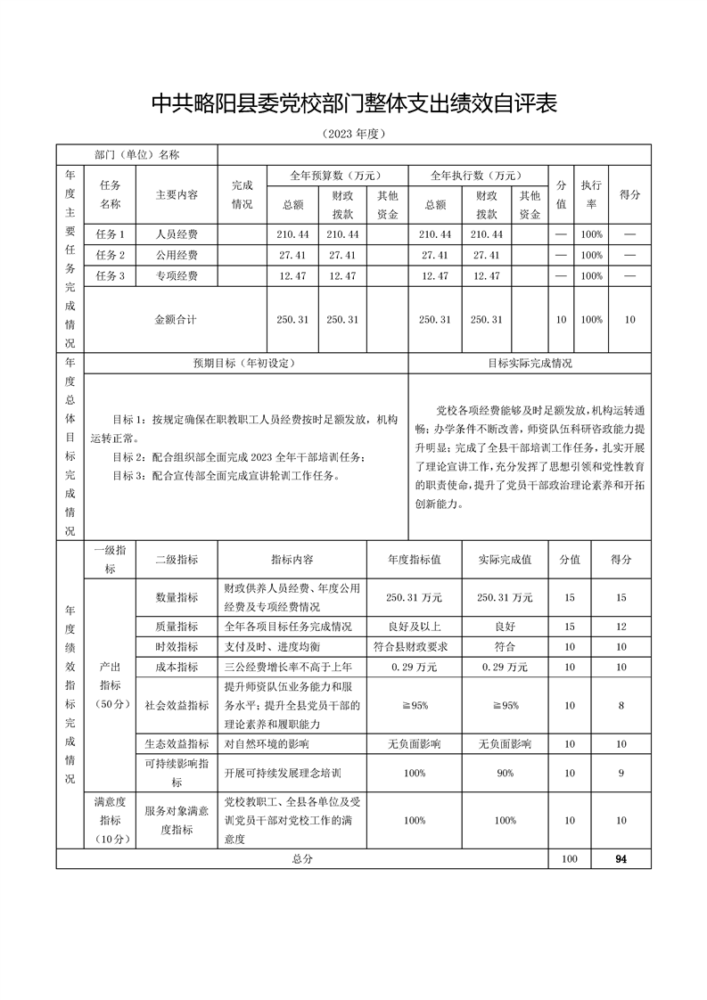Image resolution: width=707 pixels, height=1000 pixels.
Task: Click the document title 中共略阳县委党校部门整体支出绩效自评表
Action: pos(353,103)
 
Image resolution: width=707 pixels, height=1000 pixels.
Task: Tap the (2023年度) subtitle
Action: pos(353,135)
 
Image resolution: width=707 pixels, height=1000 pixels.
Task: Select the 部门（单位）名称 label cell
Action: pos(137,155)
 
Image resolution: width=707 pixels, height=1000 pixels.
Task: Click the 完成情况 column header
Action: pos(243,194)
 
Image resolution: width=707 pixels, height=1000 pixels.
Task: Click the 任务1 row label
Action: pos(110,234)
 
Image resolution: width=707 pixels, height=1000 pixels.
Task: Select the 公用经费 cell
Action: pos(177,256)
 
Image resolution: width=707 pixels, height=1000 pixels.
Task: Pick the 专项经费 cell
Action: pos(177,276)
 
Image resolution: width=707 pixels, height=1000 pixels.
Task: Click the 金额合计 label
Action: pos(177,319)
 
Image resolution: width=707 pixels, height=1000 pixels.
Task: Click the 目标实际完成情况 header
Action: pos(530,364)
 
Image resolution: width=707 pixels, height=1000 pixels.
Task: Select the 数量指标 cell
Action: pos(177,597)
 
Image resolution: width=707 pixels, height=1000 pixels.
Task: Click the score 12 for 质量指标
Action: pos(621,627)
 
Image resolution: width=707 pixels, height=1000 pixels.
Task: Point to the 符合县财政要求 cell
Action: pos(414,646)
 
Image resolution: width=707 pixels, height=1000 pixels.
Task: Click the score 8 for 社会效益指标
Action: pos(621,705)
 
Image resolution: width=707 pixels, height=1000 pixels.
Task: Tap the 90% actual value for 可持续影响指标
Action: pos(505,773)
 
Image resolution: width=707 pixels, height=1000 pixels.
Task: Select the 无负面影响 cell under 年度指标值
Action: pos(414,744)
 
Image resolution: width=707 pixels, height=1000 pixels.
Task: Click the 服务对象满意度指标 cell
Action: pos(177,820)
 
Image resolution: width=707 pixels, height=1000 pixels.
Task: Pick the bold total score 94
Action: pos(621,859)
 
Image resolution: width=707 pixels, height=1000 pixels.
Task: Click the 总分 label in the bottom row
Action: pos(302,859)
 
